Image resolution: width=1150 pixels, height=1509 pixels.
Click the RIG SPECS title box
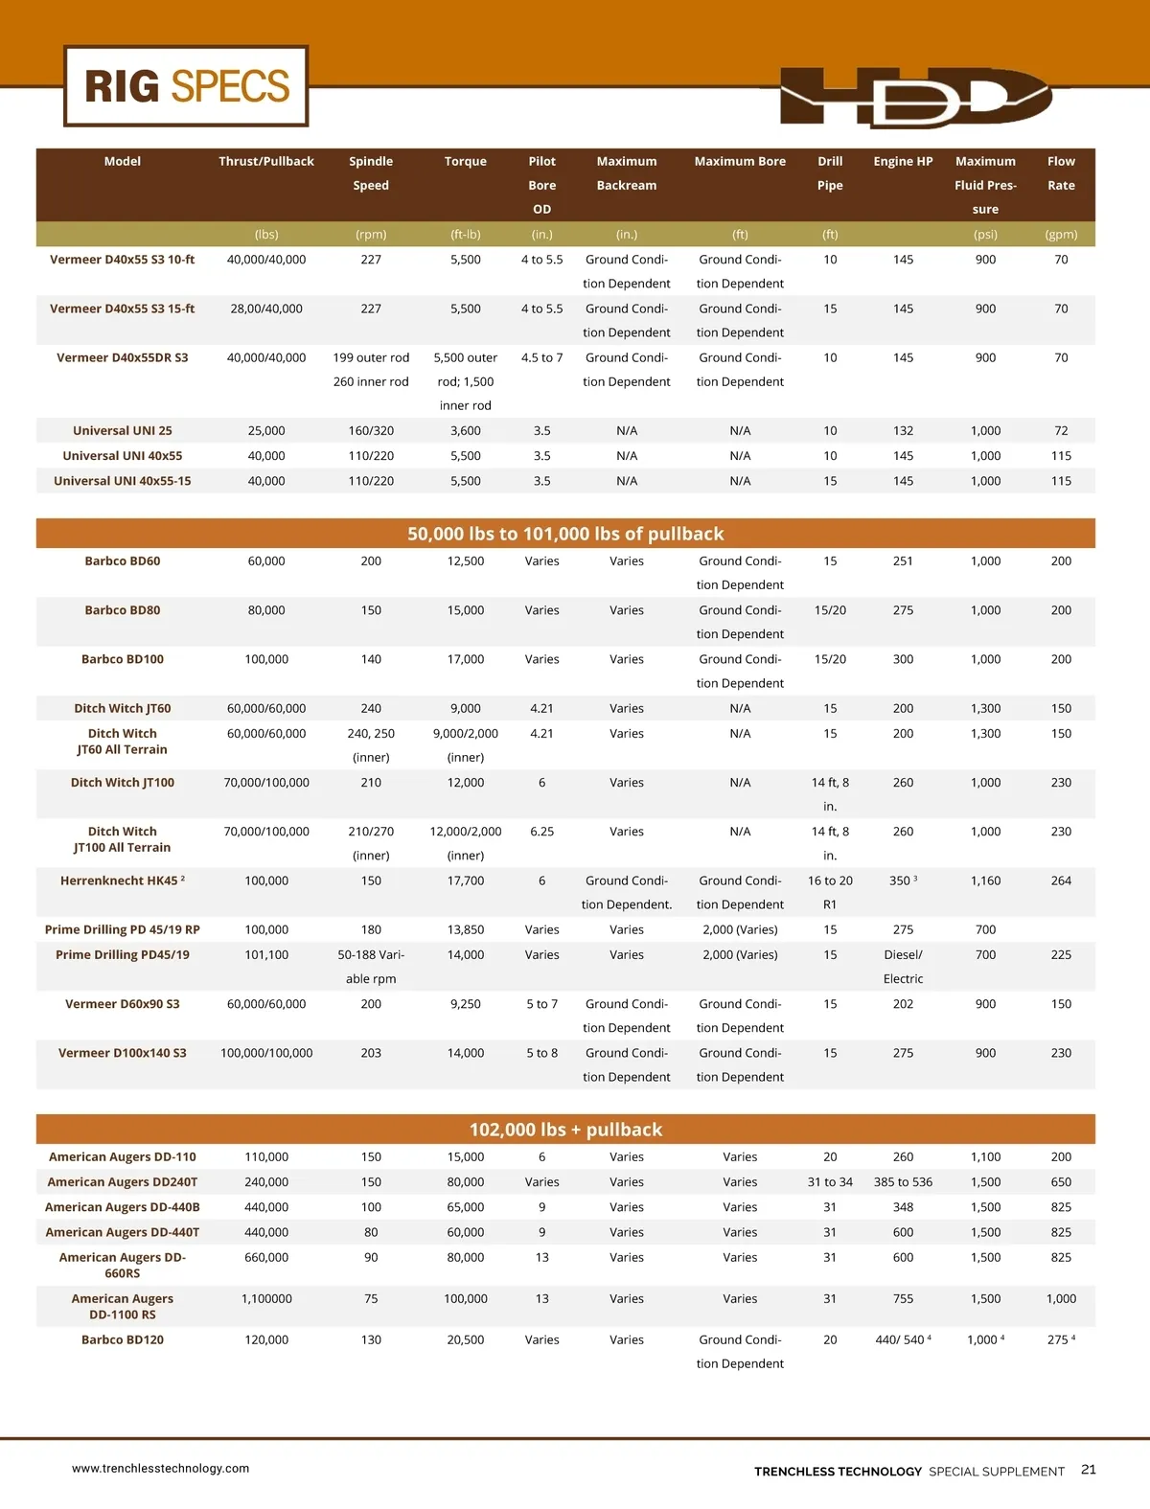point(187,86)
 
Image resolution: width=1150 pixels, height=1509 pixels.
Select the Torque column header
point(466,161)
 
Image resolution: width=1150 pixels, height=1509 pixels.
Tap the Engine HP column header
point(903,161)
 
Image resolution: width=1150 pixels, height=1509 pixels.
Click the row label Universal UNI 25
point(123,431)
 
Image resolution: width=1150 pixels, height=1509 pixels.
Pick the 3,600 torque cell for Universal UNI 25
point(466,431)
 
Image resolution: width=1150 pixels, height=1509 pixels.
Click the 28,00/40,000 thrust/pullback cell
point(266,309)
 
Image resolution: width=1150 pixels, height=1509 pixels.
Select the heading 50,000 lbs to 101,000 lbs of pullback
point(565,534)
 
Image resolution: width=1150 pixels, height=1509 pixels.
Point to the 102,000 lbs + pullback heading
point(565,1130)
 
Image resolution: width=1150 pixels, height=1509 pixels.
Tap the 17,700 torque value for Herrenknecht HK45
point(466,880)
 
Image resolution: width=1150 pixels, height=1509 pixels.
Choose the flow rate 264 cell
point(1061,880)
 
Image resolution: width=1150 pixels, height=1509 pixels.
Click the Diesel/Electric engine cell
point(903,966)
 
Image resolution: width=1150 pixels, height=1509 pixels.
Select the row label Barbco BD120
point(123,1339)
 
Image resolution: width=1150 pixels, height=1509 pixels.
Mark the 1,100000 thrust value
point(266,1298)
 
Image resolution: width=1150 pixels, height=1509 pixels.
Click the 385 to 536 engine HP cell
point(903,1182)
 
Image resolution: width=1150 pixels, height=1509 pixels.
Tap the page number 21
point(1089,1470)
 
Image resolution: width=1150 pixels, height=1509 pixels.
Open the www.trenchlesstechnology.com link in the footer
point(160,1468)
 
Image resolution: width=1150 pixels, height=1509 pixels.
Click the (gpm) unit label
point(1061,234)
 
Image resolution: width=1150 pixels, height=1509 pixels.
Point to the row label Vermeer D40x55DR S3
point(123,357)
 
